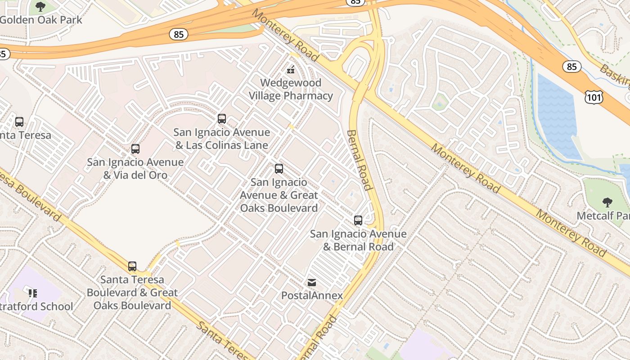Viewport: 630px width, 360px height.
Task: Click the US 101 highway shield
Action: (594, 97)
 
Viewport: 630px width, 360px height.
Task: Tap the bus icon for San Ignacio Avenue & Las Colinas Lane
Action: (222, 119)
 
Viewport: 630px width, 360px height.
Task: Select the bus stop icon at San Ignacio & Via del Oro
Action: (135, 149)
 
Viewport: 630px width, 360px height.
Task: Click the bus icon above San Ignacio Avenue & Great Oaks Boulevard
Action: (279, 169)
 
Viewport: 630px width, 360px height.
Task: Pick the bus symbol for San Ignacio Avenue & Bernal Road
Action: (358, 220)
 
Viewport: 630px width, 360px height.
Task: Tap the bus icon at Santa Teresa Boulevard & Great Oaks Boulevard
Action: (132, 266)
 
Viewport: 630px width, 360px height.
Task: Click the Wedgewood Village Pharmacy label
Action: (291, 89)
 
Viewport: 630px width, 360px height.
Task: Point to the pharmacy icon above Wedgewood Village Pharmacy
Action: (291, 69)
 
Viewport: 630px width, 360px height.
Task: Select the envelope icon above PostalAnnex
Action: (311, 283)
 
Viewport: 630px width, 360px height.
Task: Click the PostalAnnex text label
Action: (312, 296)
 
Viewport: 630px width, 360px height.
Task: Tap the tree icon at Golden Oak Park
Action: (40, 7)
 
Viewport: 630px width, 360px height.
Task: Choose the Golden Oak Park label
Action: (41, 20)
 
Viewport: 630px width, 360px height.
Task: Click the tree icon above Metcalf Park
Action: (607, 202)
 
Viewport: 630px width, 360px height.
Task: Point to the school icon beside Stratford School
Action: (32, 293)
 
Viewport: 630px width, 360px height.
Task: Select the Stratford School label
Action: (38, 306)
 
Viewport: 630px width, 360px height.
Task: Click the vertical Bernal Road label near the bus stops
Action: (359, 160)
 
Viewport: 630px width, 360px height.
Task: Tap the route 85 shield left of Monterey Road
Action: (179, 34)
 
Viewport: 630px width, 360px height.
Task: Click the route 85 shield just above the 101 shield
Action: (571, 67)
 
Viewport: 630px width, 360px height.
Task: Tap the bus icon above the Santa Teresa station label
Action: (19, 122)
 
